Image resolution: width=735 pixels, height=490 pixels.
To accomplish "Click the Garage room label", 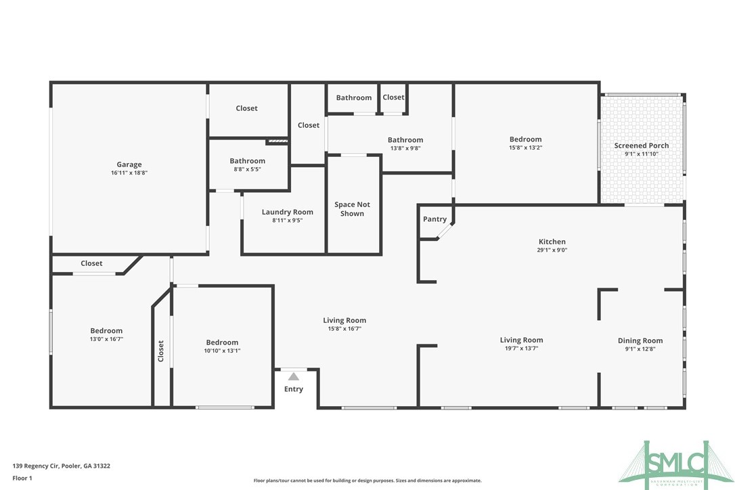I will pyautogui.click(x=129, y=164).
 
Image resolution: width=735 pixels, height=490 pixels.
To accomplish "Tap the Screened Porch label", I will pyautogui.click(x=641, y=146).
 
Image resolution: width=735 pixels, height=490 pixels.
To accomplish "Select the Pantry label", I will pyautogui.click(x=435, y=219).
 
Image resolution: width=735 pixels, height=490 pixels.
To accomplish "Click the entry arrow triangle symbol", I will pyautogui.click(x=294, y=376).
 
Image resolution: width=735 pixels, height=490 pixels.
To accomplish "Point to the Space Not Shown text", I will pyautogui.click(x=352, y=209).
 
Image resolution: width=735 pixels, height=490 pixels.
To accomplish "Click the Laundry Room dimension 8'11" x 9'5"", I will pyautogui.click(x=288, y=220).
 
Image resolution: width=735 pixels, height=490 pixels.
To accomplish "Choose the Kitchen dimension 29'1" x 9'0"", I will pyautogui.click(x=552, y=250).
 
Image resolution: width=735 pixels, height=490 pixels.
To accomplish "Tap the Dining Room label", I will pyautogui.click(x=640, y=340).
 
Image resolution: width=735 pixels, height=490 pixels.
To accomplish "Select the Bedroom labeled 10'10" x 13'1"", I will pyautogui.click(x=222, y=342).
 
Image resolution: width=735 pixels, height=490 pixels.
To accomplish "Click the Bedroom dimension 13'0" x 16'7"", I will pyautogui.click(x=106, y=339).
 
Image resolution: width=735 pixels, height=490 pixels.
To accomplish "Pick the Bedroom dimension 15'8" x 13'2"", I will pyautogui.click(x=525, y=148).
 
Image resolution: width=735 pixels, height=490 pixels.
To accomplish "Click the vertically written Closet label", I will pyautogui.click(x=161, y=351).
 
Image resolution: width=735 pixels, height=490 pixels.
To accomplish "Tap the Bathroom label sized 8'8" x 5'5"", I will pyautogui.click(x=247, y=161).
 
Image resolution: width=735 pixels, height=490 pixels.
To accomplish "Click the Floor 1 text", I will pyautogui.click(x=22, y=478).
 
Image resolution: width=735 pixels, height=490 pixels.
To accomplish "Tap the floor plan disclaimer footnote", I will pyautogui.click(x=367, y=481).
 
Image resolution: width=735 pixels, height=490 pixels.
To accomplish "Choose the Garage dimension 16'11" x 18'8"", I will pyautogui.click(x=129, y=173).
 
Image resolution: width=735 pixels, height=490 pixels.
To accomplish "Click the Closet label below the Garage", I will pyautogui.click(x=91, y=263).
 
